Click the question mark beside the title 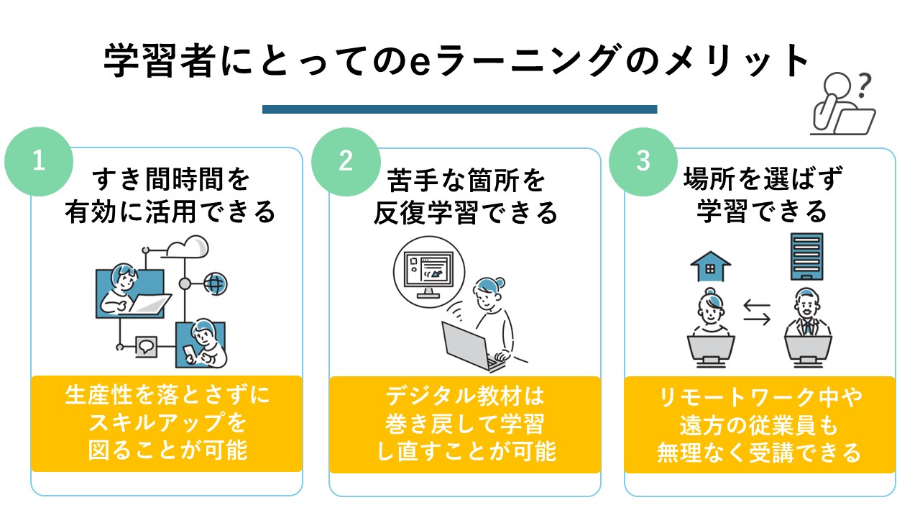pyautogui.click(x=865, y=85)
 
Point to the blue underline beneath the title pyautogui.click(x=460, y=109)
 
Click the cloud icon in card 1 pyautogui.click(x=188, y=247)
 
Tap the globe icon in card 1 pyautogui.click(x=214, y=283)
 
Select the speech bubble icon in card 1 pyautogui.click(x=147, y=346)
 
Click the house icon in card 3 pyautogui.click(x=709, y=265)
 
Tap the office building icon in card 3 pyautogui.click(x=806, y=257)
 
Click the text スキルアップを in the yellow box pyautogui.click(x=166, y=422)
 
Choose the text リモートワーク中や pyautogui.click(x=760, y=397)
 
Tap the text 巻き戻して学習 pyautogui.click(x=465, y=424)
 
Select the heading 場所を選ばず pyautogui.click(x=762, y=179)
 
